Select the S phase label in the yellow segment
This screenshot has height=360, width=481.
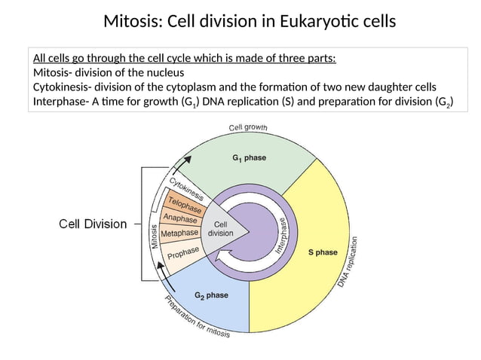pyautogui.click(x=323, y=253)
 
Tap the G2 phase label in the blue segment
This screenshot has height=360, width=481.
pyautogui.click(x=211, y=296)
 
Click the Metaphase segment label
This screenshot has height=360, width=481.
pyautogui.click(x=180, y=234)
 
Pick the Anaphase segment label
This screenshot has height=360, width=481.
pyautogui.click(x=180, y=218)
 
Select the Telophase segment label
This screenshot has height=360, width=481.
pyautogui.click(x=185, y=203)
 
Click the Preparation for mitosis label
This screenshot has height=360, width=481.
pyautogui.click(x=198, y=317)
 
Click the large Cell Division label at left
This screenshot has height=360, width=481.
pyautogui.click(x=93, y=224)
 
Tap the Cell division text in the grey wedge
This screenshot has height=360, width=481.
pyautogui.click(x=221, y=229)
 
